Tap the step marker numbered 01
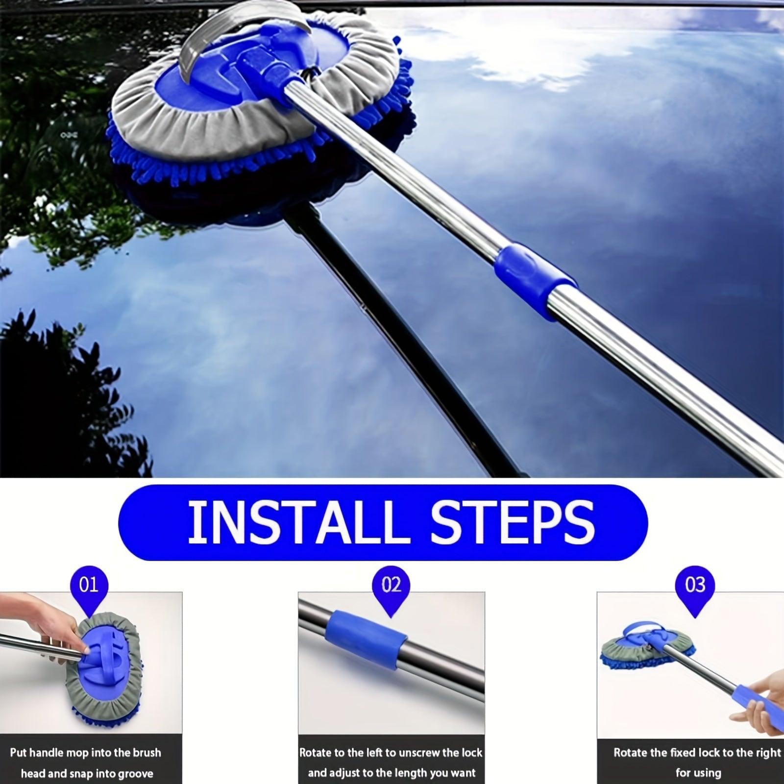click(x=89, y=587)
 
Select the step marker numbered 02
click(x=391, y=587)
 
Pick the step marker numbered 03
click(x=695, y=587)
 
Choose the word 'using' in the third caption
click(x=708, y=773)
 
